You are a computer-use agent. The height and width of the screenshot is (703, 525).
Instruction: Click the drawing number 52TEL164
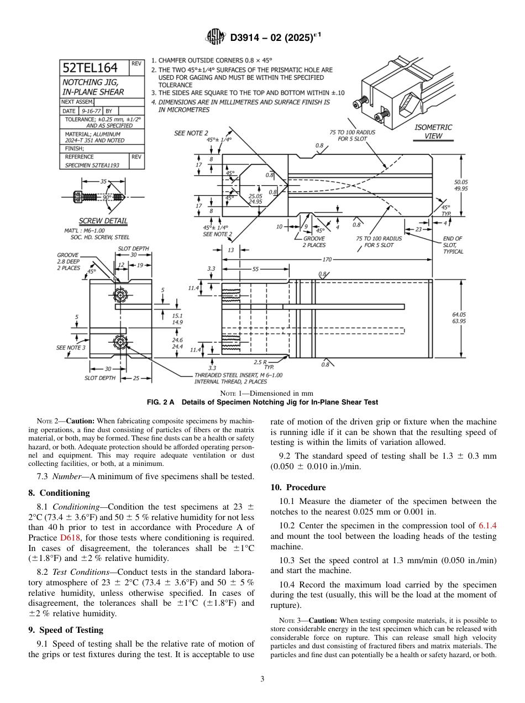tap(90, 68)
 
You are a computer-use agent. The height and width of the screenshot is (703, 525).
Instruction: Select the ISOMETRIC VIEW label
tap(433, 132)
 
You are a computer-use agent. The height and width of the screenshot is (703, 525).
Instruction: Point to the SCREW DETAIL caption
tap(103, 221)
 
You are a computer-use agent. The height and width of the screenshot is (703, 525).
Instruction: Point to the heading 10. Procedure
tap(298, 487)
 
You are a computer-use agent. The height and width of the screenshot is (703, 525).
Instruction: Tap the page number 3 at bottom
tap(262, 679)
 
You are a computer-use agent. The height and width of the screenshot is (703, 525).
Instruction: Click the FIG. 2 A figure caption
tap(262, 402)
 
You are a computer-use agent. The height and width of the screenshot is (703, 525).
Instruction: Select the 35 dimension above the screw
tap(103, 181)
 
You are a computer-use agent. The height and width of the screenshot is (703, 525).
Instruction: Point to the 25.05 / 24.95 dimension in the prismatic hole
tap(255, 199)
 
